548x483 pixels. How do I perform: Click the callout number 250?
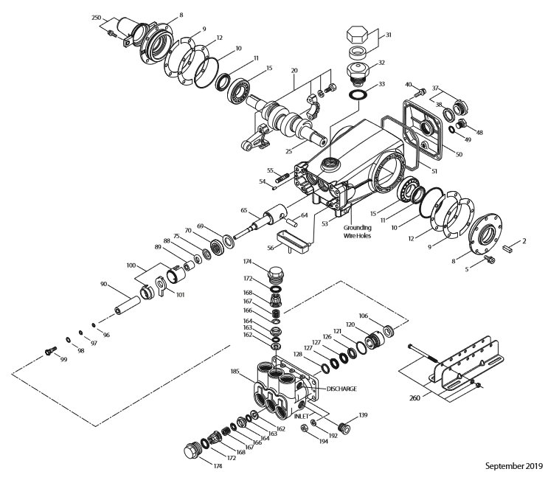point(96,16)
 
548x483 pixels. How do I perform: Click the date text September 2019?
point(513,465)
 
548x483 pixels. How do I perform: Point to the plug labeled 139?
point(341,426)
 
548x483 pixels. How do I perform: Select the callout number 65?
point(244,209)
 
